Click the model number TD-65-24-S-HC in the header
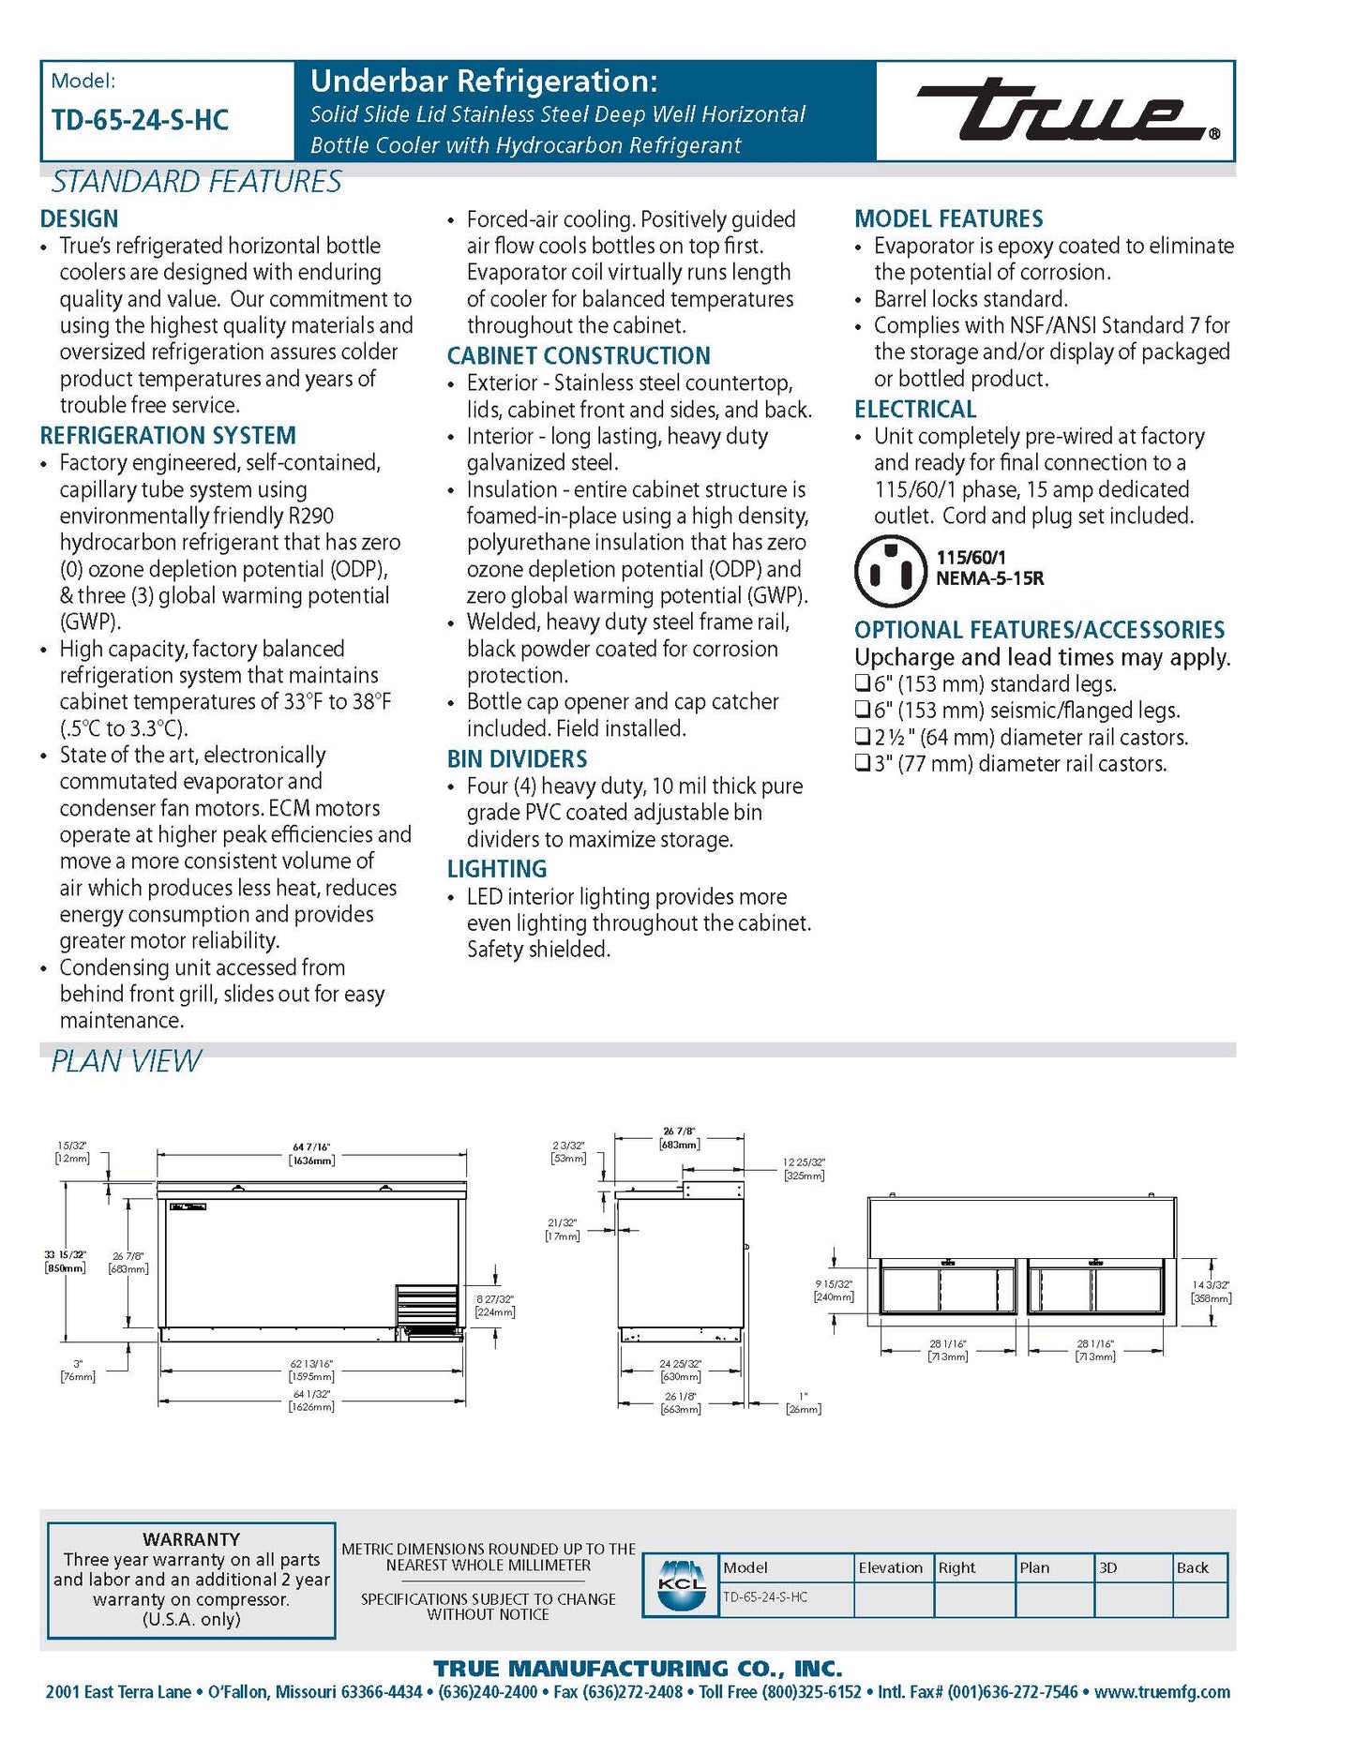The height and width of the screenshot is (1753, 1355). [x=140, y=120]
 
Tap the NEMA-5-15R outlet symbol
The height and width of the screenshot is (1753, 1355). [x=890, y=571]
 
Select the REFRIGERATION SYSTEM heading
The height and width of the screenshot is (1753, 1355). [x=168, y=436]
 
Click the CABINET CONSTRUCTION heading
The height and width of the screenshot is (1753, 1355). [x=579, y=356]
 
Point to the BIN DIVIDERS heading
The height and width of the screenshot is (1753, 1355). [x=517, y=759]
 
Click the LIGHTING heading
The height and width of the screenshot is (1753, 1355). [x=497, y=869]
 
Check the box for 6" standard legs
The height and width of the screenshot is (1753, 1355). [x=863, y=683]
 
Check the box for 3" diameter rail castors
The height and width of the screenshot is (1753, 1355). [x=863, y=763]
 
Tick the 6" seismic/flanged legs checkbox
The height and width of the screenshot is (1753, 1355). [x=863, y=710]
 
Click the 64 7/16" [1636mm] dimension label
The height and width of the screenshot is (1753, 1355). [x=311, y=1154]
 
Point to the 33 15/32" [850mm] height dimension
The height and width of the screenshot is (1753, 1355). [x=65, y=1261]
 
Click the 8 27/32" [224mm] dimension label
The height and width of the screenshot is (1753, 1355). [x=495, y=1305]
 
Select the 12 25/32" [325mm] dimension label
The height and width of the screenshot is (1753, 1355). [x=804, y=1169]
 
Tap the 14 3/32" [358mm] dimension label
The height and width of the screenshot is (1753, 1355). [x=1211, y=1292]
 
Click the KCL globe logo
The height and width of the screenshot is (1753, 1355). [x=682, y=1585]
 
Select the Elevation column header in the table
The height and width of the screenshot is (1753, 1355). [x=891, y=1567]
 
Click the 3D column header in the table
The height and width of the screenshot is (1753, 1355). [x=1107, y=1567]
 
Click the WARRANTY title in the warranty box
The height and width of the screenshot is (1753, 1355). [x=191, y=1539]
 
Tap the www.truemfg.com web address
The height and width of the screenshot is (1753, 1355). [x=1162, y=1692]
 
